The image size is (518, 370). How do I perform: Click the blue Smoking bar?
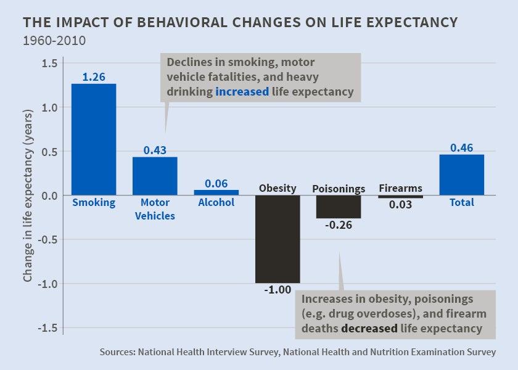[94, 139]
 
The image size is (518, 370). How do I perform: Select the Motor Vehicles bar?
[155, 176]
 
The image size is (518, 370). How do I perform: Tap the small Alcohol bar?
[216, 192]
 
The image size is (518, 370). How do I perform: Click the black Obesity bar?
[277, 239]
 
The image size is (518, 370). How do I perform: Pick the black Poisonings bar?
[339, 207]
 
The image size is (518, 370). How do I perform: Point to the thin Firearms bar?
[400, 197]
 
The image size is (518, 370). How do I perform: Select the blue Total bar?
[461, 175]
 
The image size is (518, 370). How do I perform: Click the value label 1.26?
[94, 77]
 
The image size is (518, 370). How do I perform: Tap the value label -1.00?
[277, 290]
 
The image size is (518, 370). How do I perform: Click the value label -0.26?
[339, 225]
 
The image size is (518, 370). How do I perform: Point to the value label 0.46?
[461, 148]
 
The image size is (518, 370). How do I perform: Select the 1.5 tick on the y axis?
[49, 64]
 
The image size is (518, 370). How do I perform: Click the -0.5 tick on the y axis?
[47, 239]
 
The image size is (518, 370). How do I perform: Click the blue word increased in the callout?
[242, 92]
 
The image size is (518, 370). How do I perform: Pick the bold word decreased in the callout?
[369, 329]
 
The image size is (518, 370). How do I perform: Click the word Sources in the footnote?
[117, 353]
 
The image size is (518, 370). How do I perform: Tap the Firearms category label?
[400, 188]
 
